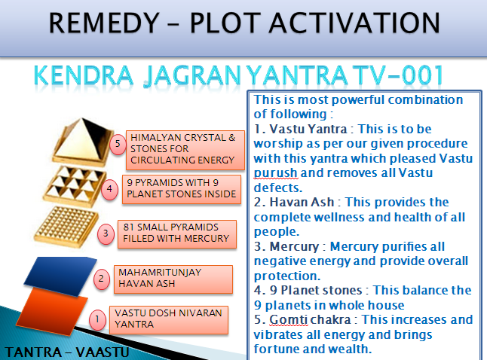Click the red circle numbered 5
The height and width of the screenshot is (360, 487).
click(x=118, y=144)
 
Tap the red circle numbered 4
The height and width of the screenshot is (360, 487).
click(x=109, y=189)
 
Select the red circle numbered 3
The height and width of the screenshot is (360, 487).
click(x=106, y=233)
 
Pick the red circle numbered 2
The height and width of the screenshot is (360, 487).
click(x=101, y=279)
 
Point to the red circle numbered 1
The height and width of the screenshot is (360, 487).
click(x=97, y=319)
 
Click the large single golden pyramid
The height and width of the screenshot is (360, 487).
click(x=82, y=141)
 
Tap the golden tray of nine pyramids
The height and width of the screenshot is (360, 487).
click(x=75, y=186)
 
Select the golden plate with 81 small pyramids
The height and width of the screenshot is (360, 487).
click(x=66, y=227)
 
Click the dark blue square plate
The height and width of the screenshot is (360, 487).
click(x=60, y=275)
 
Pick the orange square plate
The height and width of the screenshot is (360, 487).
click(x=51, y=311)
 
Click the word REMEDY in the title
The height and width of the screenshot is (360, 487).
click(x=104, y=23)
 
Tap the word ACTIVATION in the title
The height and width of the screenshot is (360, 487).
click(x=354, y=23)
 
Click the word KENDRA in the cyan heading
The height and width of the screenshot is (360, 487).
click(x=83, y=75)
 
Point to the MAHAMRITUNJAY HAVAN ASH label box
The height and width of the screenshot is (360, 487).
click(x=173, y=279)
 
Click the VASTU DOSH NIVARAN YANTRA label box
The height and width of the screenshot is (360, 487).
click(x=169, y=320)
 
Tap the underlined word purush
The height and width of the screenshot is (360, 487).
click(x=275, y=173)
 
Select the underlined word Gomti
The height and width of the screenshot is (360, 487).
click(x=289, y=319)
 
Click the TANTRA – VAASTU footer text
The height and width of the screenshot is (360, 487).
click(x=67, y=352)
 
